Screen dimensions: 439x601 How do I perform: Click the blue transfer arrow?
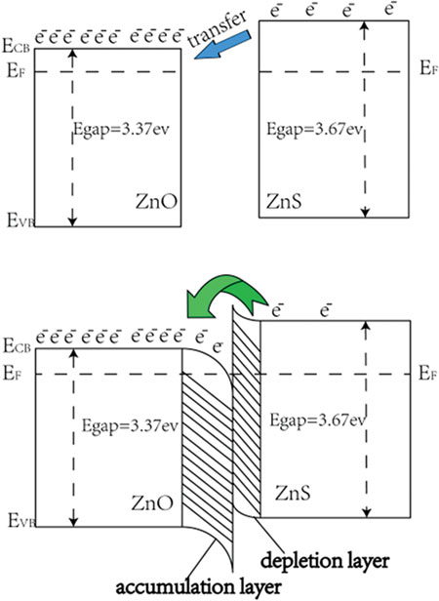[x=223, y=45]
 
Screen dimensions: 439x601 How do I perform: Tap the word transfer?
[x=218, y=27]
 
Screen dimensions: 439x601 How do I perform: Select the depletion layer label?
[x=325, y=561]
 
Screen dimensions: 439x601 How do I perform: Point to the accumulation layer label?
[x=199, y=587]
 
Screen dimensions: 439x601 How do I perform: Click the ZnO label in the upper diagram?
[x=157, y=201]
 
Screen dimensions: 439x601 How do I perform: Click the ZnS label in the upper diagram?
[x=284, y=201]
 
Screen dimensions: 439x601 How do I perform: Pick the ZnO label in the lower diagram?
[x=152, y=502]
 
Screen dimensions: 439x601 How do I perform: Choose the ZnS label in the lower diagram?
[x=293, y=493]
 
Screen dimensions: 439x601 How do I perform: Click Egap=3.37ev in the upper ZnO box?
[x=121, y=129]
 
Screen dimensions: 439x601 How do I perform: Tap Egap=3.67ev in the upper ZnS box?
[x=314, y=129]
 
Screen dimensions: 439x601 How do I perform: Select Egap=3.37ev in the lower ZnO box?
[x=131, y=425]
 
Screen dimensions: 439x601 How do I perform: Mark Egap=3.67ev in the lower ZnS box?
[x=317, y=421]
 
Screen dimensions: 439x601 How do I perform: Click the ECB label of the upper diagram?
[x=17, y=46]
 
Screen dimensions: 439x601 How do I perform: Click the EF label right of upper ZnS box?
[x=428, y=68]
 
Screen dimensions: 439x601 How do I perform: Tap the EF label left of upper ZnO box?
[x=16, y=71]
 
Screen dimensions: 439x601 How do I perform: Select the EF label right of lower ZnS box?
[x=427, y=373]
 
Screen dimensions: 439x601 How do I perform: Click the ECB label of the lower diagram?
[x=17, y=345]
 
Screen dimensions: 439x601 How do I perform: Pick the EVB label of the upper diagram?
[x=20, y=220]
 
